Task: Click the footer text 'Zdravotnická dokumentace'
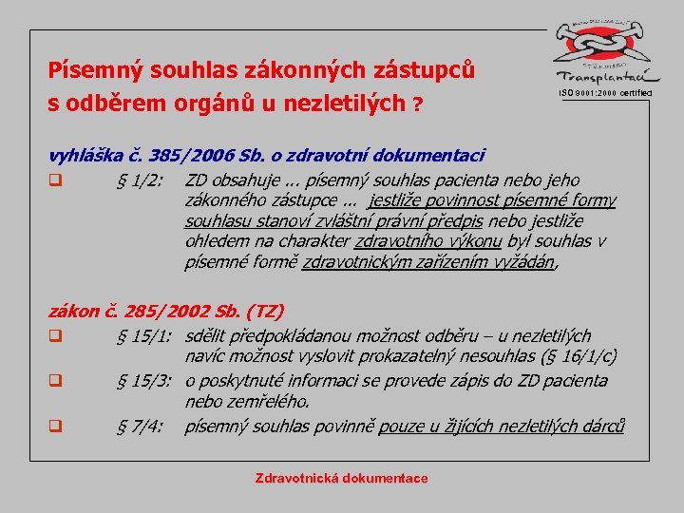click(x=341, y=479)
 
